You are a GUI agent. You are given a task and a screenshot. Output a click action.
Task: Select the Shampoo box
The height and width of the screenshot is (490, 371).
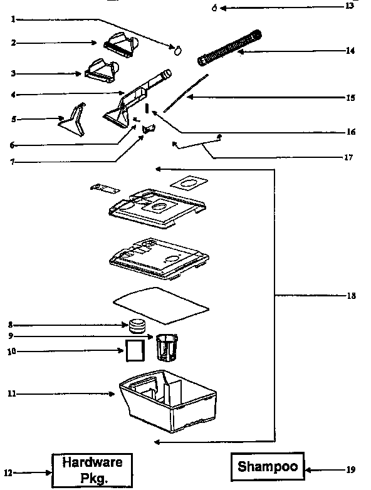pyautogui.click(x=268, y=467)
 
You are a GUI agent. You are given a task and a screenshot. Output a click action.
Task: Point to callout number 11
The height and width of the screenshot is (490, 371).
pyautogui.click(x=11, y=394)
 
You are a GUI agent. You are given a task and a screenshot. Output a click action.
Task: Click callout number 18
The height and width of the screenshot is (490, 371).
pyautogui.click(x=351, y=295)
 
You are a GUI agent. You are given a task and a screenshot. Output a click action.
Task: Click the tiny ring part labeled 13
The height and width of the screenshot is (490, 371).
pyautogui.click(x=214, y=8)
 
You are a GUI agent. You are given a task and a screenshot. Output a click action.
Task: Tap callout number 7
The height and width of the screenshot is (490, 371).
pyautogui.click(x=11, y=162)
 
